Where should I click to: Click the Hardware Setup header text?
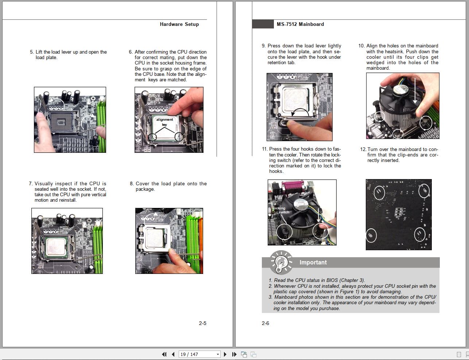179,24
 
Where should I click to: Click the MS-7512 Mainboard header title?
300,24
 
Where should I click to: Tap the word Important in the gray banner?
313,262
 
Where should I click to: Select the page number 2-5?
202,323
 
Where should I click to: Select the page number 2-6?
265,323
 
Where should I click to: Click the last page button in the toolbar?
234,354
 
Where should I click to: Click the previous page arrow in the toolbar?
173,354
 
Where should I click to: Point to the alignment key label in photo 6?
164,122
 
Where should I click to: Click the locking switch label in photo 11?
280,210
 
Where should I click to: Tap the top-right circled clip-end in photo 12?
424,191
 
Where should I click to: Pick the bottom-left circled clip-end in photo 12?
371,235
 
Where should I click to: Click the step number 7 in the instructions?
31,183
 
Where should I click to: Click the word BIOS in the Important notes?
332,280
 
